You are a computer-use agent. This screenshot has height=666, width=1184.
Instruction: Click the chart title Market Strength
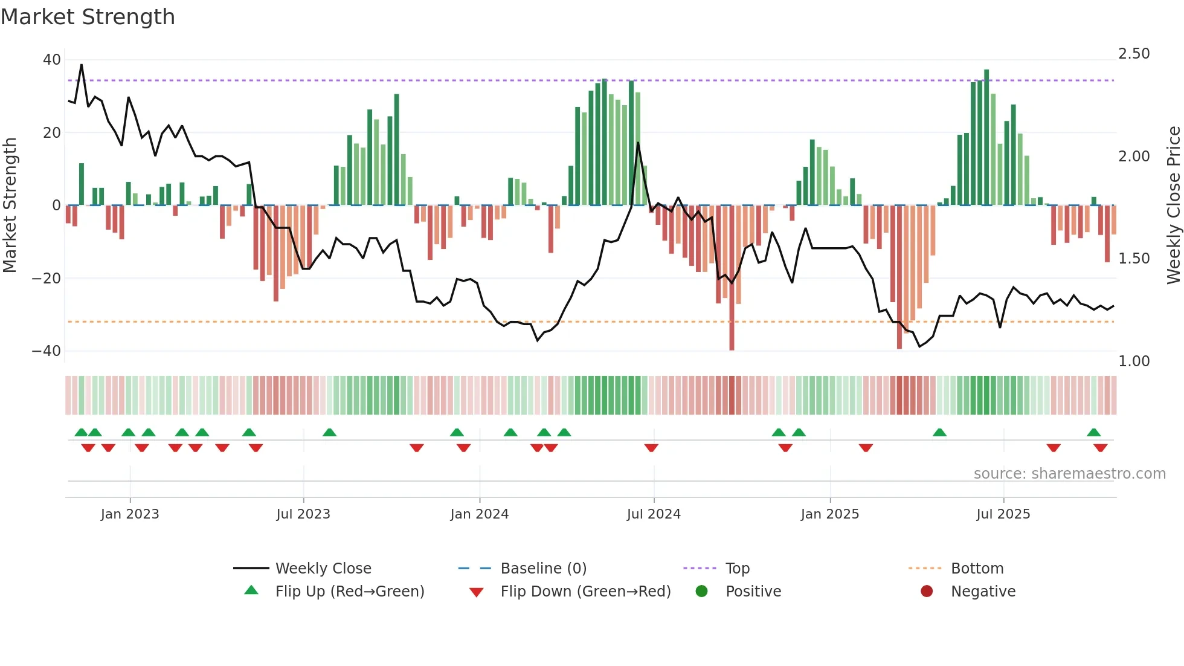pos(88,17)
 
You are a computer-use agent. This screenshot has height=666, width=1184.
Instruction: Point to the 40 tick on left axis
pos(52,60)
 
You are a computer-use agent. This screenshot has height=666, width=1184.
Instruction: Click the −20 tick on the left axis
pos(47,279)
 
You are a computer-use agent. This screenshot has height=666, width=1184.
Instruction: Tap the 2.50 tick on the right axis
pos(1134,54)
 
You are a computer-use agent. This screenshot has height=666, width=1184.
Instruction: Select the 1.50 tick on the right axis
pos(1134,259)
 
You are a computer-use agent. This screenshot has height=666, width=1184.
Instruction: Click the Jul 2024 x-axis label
pos(654,514)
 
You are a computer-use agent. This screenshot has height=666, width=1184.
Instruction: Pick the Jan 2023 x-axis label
pos(130,514)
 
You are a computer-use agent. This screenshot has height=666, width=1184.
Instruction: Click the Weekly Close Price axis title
pos(1173,205)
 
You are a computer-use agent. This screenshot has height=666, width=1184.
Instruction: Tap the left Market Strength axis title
pos(10,205)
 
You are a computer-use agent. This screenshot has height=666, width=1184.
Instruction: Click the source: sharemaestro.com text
pos(1069,474)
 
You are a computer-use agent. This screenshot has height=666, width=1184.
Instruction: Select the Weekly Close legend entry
pos(323,569)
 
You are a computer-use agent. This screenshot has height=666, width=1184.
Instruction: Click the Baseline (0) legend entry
pos(543,569)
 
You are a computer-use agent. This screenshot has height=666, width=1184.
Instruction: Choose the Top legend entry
pos(737,569)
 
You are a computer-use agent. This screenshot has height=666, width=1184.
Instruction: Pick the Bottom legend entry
pos(977,569)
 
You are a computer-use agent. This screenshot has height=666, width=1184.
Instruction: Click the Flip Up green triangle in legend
pos(251,590)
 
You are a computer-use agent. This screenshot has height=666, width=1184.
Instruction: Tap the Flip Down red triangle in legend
pos(476,592)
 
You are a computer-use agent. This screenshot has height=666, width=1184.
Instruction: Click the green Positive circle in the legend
pos(701,591)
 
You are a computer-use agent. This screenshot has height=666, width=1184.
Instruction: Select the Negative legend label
pos(983,592)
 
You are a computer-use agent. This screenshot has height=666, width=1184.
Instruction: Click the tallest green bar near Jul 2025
pos(986,137)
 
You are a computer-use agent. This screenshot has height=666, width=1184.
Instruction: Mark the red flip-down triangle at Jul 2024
pos(651,448)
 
